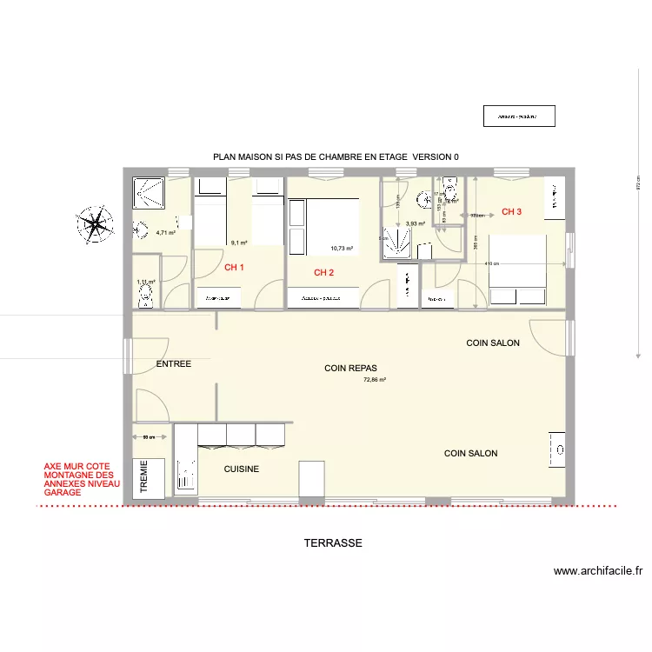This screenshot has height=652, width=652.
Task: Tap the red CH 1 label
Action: [234, 268]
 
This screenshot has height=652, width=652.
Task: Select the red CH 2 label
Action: [324, 273]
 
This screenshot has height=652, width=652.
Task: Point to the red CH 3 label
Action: [512, 212]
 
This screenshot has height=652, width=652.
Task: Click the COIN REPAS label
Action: [349, 369]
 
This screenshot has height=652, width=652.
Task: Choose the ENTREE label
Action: [173, 364]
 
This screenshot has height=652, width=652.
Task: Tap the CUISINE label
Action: [241, 469]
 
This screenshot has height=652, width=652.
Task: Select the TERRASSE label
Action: [333, 543]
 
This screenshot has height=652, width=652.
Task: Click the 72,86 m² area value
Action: [375, 380]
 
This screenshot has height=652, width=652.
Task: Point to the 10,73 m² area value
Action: [342, 249]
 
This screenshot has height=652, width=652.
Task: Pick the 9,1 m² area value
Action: [239, 243]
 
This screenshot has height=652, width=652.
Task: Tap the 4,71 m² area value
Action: [166, 233]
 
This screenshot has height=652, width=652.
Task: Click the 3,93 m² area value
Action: [416, 224]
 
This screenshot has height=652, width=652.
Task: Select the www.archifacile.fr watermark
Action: [598, 571]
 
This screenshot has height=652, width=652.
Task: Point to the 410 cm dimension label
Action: [493, 263]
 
